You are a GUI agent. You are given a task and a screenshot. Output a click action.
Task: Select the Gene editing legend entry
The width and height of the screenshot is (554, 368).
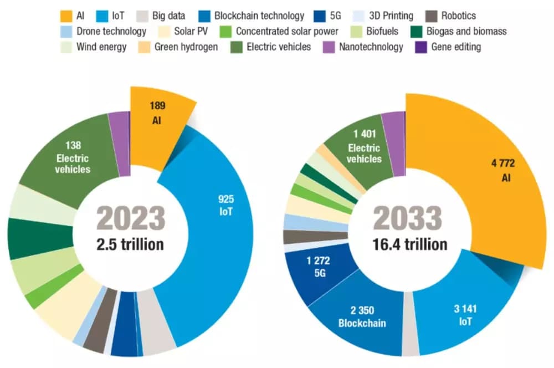(448, 47)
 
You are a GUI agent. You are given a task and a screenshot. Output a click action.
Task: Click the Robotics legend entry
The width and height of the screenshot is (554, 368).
(451, 16)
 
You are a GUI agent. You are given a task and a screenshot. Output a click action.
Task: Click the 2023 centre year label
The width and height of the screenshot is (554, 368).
(131, 218)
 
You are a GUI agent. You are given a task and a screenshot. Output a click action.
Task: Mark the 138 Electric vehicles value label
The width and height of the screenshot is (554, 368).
(73, 157)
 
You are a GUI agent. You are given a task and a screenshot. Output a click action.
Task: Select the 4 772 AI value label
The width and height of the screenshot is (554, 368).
(502, 170)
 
